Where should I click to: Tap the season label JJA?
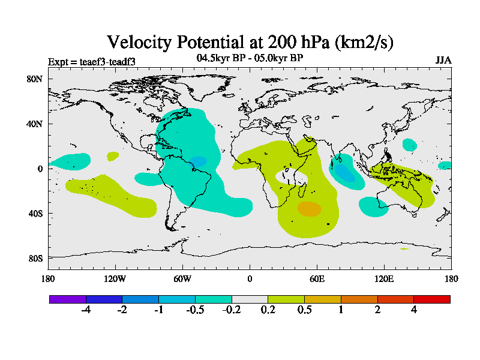point(443,60)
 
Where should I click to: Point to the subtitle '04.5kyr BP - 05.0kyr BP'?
point(250,58)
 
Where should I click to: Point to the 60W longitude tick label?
point(182,278)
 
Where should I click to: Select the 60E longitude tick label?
point(317,278)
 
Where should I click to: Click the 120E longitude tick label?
point(384,278)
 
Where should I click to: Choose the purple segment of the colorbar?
point(68,299)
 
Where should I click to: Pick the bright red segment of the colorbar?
point(432,299)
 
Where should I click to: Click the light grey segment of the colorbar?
point(250,299)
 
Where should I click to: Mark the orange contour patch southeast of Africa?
point(310,209)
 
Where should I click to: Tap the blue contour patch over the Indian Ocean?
point(344,172)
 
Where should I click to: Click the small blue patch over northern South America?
point(198,161)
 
